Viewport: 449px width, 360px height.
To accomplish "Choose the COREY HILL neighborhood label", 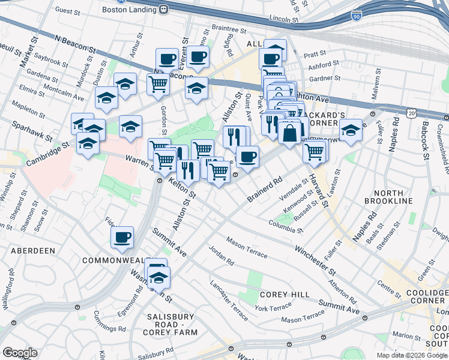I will (285, 295).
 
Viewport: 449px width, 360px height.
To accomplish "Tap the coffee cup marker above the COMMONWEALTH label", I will (122, 238).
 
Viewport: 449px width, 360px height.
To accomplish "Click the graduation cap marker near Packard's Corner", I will (351, 130).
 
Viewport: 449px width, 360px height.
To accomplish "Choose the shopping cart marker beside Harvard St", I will (315, 151).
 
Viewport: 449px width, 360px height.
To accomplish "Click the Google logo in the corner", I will (20, 353).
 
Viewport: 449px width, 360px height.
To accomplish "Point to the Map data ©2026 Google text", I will (412, 355).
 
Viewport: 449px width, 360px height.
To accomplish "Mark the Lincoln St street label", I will (285, 19).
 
